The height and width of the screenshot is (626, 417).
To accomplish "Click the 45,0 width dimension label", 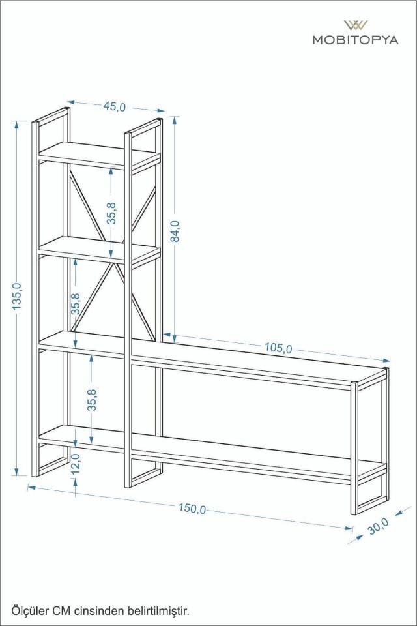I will [x=114, y=107].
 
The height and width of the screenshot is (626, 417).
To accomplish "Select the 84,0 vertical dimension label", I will [x=175, y=231].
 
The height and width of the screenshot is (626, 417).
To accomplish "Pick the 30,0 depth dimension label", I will [x=378, y=526].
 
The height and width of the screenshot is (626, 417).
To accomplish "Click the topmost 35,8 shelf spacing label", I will [x=112, y=213].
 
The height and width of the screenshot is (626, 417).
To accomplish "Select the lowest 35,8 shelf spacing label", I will [x=93, y=400].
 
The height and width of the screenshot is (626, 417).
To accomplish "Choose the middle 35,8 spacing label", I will [x=76, y=305].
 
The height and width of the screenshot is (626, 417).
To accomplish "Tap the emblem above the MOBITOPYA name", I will [x=355, y=25].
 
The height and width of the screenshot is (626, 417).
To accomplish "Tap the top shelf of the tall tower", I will [x=98, y=155].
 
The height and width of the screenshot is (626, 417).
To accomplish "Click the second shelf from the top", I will [x=98, y=249].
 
